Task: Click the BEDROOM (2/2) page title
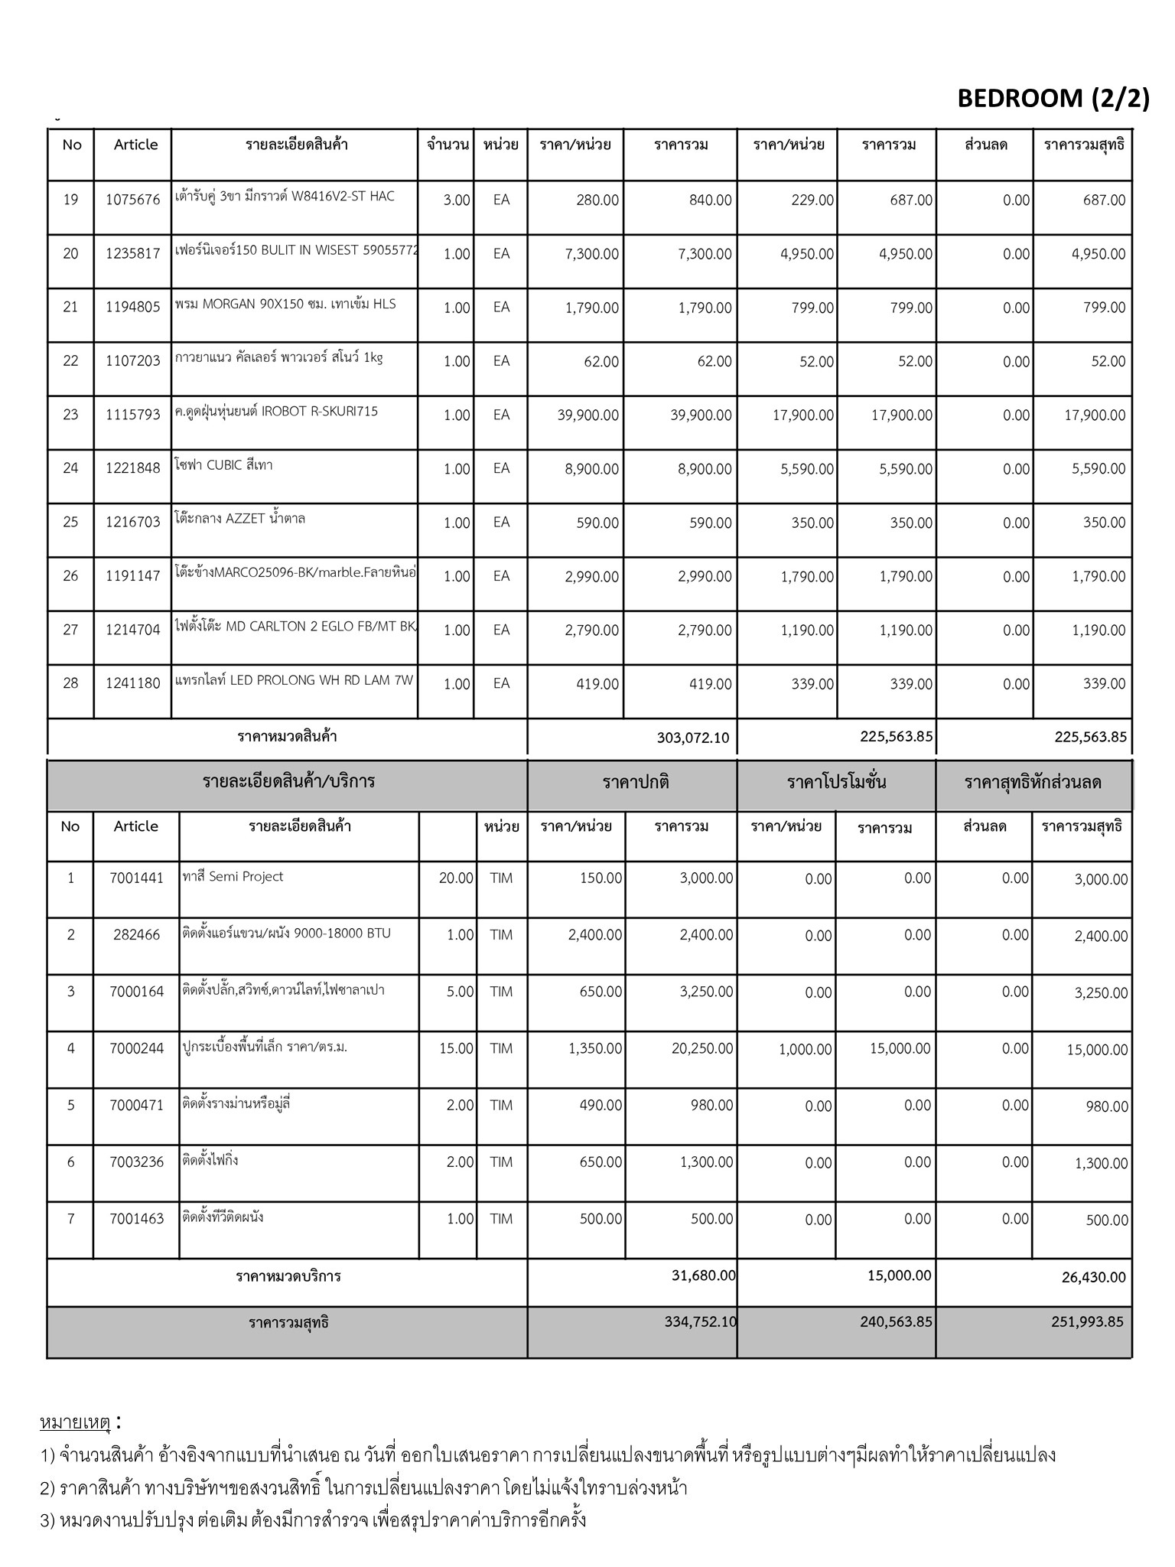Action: (1053, 98)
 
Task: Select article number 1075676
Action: (133, 200)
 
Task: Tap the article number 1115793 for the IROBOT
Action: (133, 415)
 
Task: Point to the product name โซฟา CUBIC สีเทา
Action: (223, 465)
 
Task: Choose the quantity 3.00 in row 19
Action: (457, 200)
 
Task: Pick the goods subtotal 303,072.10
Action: (692, 738)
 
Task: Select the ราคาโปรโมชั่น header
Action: (836, 783)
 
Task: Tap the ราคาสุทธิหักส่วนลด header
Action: (1033, 783)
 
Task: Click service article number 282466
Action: (136, 935)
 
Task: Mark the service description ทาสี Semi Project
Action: (233, 877)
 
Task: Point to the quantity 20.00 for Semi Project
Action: (456, 878)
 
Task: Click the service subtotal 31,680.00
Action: (701, 1275)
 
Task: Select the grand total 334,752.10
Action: (700, 1321)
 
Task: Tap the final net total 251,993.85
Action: (1086, 1322)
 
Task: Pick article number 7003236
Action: (136, 1162)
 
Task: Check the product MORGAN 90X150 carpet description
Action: (285, 305)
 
